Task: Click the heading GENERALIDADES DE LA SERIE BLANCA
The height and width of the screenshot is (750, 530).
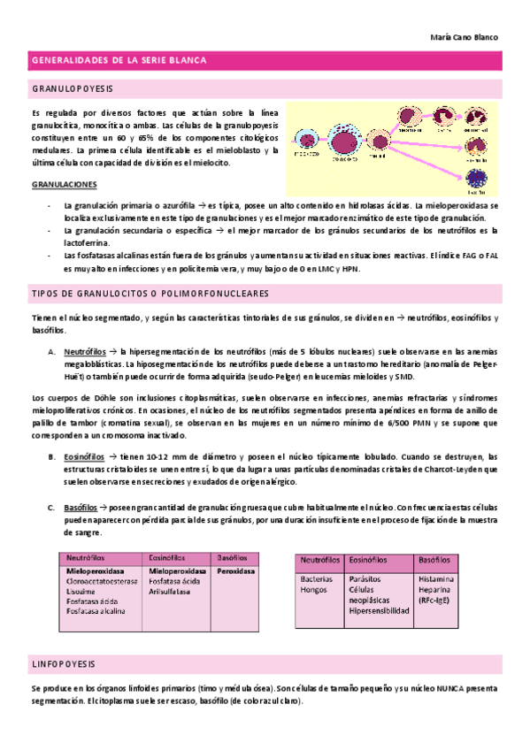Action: coord(119,60)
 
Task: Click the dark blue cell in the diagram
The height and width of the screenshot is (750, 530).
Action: coord(476,178)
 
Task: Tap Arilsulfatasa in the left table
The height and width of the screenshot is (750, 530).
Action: coord(170,593)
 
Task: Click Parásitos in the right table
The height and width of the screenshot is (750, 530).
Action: coord(366,579)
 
